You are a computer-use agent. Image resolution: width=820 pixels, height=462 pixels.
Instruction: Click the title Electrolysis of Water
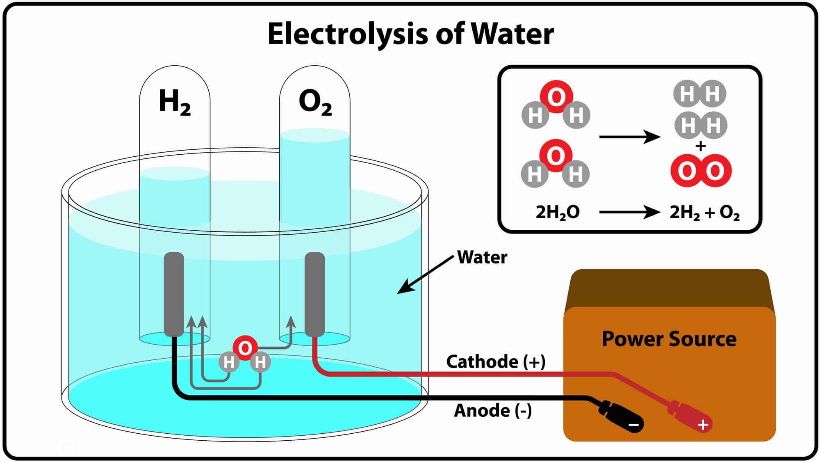coord(410,34)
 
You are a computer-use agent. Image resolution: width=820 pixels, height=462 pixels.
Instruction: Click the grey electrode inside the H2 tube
coord(174,294)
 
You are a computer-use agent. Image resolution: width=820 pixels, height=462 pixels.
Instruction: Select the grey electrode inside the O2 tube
coord(314,294)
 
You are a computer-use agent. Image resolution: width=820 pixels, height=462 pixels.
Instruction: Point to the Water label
coord(482,257)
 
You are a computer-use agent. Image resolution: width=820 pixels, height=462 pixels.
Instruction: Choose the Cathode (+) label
coord(495,361)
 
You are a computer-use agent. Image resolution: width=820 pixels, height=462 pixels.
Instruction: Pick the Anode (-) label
coord(492,410)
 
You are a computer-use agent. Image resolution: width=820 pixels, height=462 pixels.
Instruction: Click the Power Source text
coord(669,339)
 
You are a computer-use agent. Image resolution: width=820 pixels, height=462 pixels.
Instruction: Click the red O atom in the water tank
coord(245,348)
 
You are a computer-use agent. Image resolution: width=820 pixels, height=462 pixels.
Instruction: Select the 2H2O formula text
coord(557,212)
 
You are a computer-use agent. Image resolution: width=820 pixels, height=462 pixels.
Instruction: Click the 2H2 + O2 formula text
coord(704,213)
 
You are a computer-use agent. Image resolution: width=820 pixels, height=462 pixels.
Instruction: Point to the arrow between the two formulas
coord(629,212)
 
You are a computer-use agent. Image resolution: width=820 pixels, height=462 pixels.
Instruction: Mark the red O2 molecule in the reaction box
coord(701,171)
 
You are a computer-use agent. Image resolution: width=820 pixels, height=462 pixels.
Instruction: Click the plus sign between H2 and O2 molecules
coord(701,146)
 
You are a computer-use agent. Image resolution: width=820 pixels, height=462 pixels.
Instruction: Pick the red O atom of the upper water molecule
coord(556,97)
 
